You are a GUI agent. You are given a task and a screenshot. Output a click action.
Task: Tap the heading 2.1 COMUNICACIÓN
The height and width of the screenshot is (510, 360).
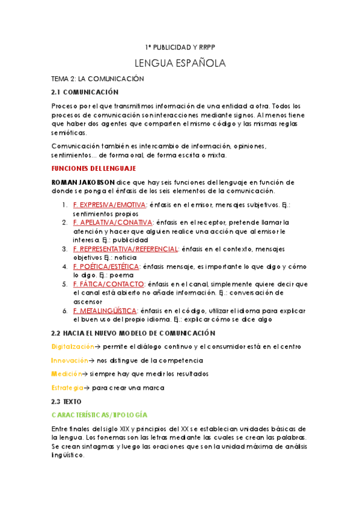tap(85, 92)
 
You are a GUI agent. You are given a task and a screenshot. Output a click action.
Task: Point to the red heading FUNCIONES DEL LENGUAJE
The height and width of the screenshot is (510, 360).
tap(94, 168)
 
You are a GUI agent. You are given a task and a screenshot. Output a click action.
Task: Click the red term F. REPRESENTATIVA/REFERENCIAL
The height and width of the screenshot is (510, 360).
tap(125, 249)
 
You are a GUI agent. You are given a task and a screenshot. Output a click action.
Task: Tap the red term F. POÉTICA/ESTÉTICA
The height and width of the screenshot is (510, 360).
tap(106, 266)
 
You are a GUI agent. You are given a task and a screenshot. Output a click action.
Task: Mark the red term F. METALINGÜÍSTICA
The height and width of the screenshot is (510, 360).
tap(105, 310)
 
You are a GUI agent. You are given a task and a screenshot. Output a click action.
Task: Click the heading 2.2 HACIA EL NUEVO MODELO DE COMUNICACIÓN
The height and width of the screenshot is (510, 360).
tap(133, 333)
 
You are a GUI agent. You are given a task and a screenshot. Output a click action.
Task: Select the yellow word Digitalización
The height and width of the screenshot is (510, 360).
tap(73, 346)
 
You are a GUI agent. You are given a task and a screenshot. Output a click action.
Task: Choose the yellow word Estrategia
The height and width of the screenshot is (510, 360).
tap(68, 388)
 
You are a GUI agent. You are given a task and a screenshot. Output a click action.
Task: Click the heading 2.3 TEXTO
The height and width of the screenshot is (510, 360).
tap(67, 401)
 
